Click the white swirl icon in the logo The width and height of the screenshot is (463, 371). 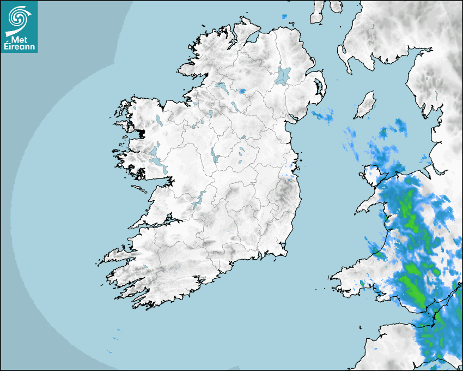(19, 18)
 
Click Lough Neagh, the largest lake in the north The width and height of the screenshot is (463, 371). (283, 75)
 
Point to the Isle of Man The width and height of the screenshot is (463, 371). (365, 105)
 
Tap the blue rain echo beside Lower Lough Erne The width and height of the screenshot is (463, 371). (242, 91)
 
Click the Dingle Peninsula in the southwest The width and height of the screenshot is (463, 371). (117, 254)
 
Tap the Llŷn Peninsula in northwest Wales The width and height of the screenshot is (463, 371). (370, 205)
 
